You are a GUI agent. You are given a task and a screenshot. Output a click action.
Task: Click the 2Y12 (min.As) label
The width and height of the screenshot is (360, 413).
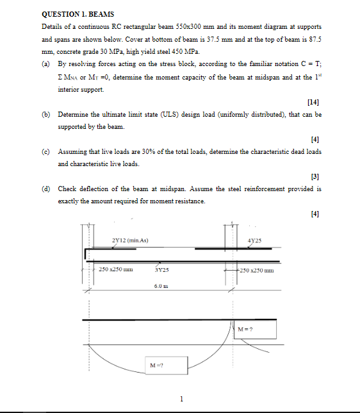[130, 240]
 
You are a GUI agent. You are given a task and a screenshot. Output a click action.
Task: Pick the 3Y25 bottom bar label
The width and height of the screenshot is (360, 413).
[161, 271]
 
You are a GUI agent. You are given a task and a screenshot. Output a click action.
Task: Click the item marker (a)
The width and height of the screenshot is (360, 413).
[45, 65]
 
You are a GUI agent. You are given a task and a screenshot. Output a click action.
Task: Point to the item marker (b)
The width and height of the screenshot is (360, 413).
[45, 114]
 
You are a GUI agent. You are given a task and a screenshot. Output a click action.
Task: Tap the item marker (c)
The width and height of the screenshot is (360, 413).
[45, 151]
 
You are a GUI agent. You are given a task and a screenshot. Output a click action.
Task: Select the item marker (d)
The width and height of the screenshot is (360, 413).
[45, 189]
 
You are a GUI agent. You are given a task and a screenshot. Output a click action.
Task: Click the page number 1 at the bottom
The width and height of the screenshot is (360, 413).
[181, 399]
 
